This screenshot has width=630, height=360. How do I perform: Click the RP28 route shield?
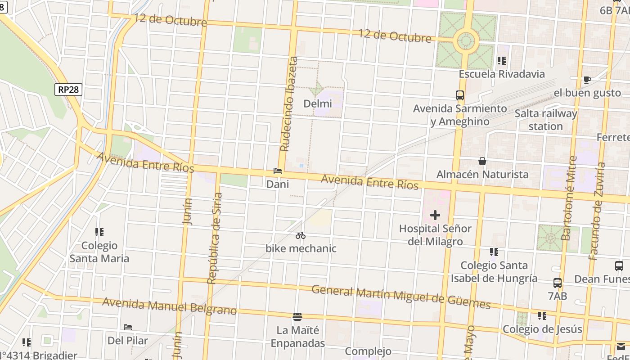pyautogui.click(x=68, y=90)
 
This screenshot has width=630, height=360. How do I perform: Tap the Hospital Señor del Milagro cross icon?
pyautogui.click(x=435, y=215)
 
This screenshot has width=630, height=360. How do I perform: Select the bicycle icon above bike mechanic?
pyautogui.click(x=301, y=235)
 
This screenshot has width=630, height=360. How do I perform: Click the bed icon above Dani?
pyautogui.click(x=278, y=171)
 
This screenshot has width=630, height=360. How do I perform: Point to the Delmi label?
pyautogui.click(x=318, y=103)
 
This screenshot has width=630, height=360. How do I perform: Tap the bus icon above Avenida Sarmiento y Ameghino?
pyautogui.click(x=459, y=95)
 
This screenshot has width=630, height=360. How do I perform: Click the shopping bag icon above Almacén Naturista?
pyautogui.click(x=482, y=161)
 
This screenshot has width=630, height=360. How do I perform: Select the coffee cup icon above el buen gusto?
pyautogui.click(x=587, y=80)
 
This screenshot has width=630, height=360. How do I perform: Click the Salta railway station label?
pyautogui.click(x=545, y=120)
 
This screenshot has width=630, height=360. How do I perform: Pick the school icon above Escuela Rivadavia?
pyautogui.click(x=502, y=61)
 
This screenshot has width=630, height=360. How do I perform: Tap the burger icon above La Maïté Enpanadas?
pyautogui.click(x=297, y=317)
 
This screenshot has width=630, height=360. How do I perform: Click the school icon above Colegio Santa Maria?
pyautogui.click(x=99, y=232)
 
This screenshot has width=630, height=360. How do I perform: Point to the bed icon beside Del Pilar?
pyautogui.click(x=128, y=327)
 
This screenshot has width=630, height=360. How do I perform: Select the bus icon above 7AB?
pyautogui.click(x=557, y=283)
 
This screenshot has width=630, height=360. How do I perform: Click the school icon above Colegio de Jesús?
pyautogui.click(x=542, y=316)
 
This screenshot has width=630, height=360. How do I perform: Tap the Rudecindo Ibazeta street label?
pyautogui.click(x=289, y=104)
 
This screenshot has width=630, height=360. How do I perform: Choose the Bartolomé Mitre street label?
pyautogui.click(x=570, y=198)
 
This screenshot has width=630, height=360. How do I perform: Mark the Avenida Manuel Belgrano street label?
pyautogui.click(x=169, y=306)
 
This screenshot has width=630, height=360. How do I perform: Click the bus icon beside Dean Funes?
pyautogui.click(x=619, y=266)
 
